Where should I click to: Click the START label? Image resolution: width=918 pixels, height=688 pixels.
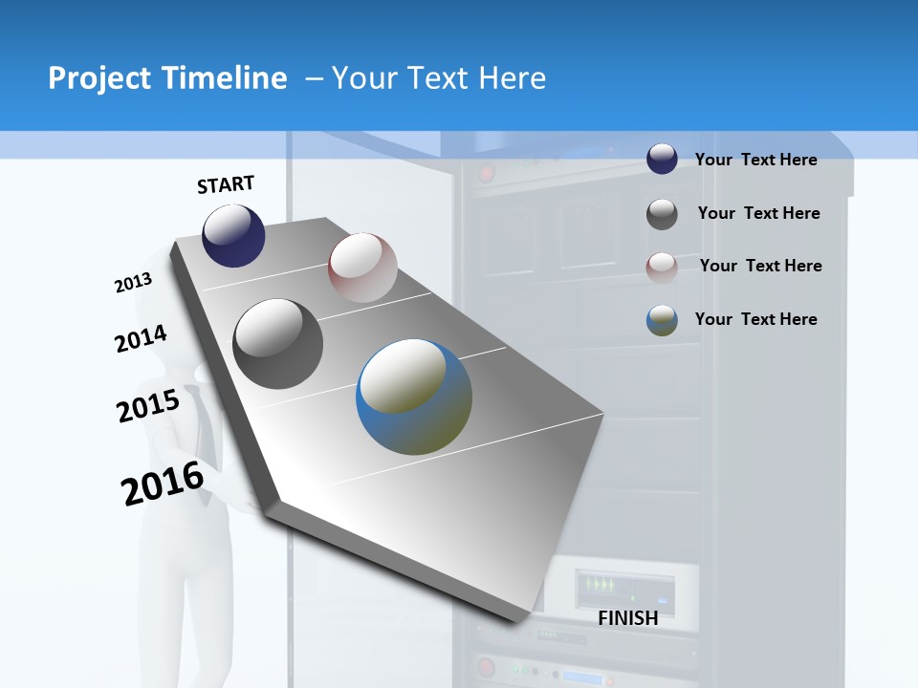(226, 184)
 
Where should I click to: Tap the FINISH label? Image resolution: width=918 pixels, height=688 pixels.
(627, 618)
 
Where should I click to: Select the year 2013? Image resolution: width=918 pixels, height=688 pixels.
(133, 283)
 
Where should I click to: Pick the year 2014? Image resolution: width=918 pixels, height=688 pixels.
(141, 339)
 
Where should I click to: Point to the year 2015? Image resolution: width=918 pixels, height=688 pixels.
(148, 406)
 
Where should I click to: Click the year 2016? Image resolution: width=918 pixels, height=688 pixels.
(163, 484)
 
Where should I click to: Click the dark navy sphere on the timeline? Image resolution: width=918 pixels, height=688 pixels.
(233, 235)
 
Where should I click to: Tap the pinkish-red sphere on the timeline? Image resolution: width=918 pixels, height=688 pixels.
(362, 268)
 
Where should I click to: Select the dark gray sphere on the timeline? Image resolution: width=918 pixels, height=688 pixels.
(277, 344)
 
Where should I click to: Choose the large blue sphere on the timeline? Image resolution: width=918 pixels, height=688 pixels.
(414, 397)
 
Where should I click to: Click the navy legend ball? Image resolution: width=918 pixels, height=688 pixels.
(662, 160)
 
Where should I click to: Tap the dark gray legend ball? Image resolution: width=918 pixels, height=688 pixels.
(662, 214)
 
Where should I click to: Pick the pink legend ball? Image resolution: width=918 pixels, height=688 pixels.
(662, 268)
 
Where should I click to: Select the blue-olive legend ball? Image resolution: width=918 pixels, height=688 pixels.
(662, 320)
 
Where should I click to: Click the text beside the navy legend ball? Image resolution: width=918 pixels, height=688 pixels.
(755, 160)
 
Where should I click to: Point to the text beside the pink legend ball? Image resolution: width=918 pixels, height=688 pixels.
(760, 266)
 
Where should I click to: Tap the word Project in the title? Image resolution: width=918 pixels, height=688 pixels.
(98, 78)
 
